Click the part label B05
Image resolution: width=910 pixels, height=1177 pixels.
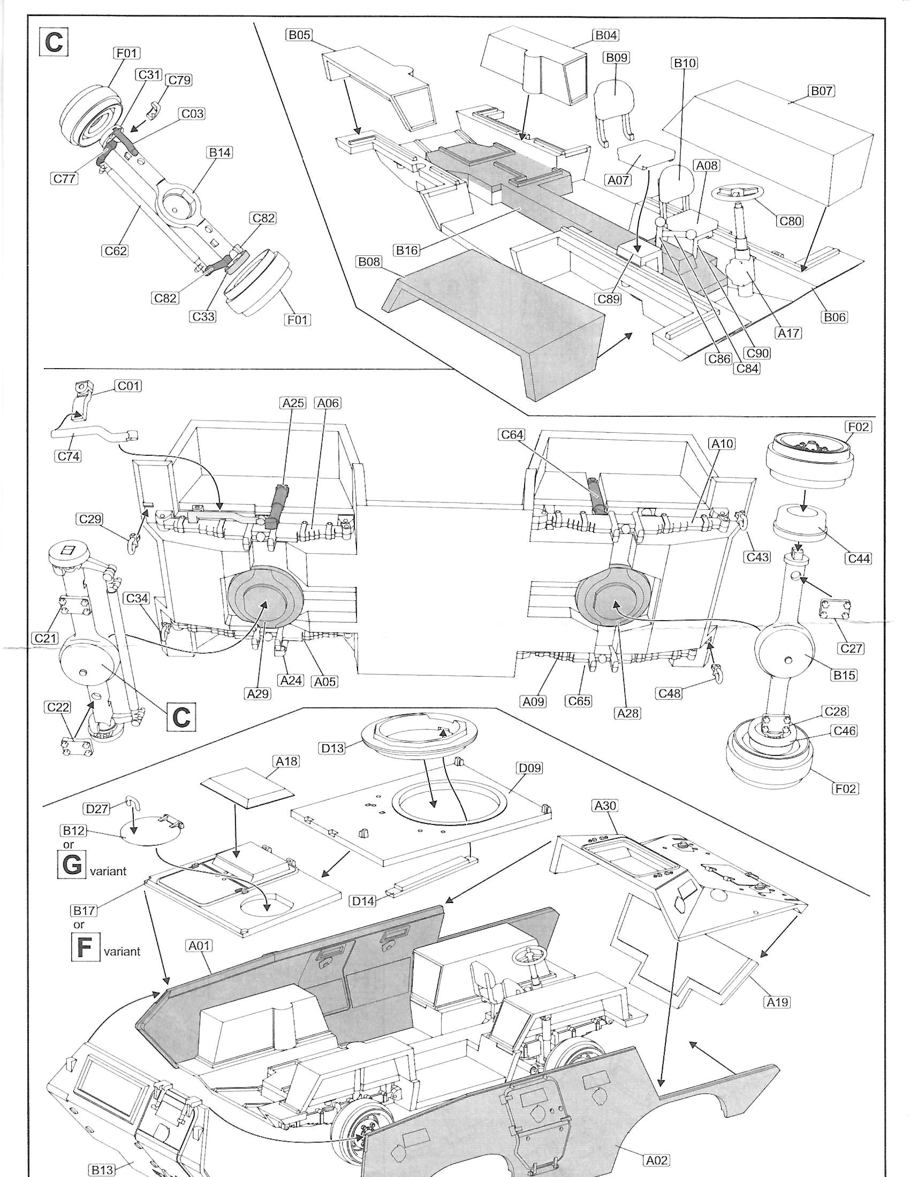300,35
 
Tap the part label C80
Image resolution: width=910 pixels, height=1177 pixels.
790,220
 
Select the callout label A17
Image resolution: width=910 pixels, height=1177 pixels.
788,334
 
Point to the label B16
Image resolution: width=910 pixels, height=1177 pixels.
407,250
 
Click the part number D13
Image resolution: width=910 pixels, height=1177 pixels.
332,749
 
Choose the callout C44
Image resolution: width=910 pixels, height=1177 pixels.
858,559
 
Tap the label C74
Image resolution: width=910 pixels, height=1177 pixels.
69,456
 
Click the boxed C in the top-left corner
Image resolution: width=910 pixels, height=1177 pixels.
54,42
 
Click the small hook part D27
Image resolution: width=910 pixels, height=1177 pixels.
132,804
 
